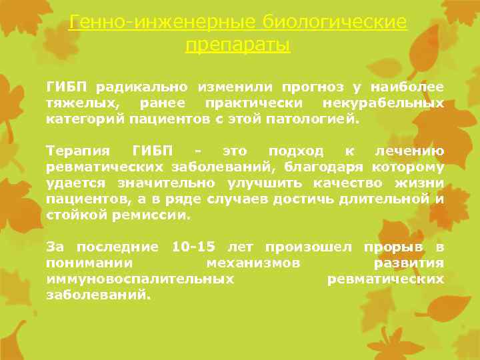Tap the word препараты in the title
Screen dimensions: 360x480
(x=238, y=46)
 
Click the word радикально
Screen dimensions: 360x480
(x=142, y=87)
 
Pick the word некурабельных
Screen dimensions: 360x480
(x=383, y=103)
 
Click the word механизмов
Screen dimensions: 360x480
(x=253, y=263)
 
